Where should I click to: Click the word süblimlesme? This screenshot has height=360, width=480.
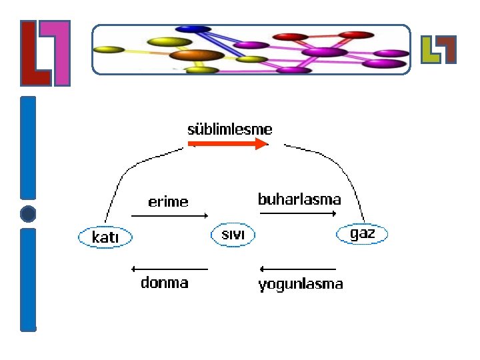point(230,129)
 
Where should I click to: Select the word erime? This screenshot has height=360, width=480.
point(168,201)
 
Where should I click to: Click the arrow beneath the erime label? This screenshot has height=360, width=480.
point(170,216)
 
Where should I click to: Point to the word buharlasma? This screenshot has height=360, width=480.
point(299,199)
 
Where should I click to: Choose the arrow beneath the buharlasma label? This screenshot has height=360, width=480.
point(298,213)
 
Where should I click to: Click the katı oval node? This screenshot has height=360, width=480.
point(105,237)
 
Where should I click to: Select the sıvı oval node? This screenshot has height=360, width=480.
point(233,235)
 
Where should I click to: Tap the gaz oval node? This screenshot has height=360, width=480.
point(362,234)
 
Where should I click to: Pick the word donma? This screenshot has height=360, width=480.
point(165,283)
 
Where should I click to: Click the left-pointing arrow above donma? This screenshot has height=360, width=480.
point(170,269)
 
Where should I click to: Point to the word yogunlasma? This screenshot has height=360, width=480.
point(301,284)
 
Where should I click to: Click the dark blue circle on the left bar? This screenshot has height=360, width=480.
point(28,214)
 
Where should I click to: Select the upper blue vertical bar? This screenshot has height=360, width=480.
point(28,147)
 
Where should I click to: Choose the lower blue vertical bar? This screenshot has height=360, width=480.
point(28,279)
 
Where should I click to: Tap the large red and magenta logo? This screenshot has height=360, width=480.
point(45,53)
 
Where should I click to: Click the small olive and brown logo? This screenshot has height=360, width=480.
point(439,49)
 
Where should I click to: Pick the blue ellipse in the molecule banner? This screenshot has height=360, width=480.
point(193,29)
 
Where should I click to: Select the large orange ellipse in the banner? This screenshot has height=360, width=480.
point(201,55)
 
